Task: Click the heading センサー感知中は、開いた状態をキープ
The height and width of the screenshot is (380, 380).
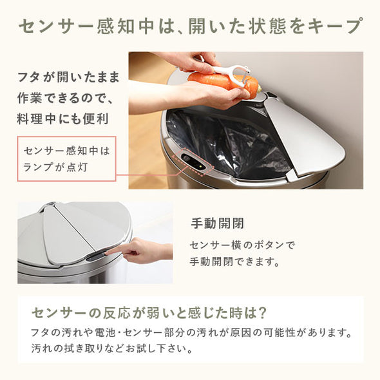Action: pyautogui.click(x=190, y=26)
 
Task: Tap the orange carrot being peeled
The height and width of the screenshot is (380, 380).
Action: pyautogui.click(x=219, y=82)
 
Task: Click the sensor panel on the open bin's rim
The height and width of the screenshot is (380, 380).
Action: pyautogui.click(x=193, y=161)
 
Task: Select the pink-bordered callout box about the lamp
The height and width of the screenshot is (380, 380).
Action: pyautogui.click(x=67, y=158)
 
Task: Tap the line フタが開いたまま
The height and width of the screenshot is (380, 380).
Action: pyautogui.click(x=68, y=79)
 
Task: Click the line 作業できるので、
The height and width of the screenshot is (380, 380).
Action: pyautogui.click(x=64, y=99)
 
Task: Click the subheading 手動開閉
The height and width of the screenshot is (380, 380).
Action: pyautogui.click(x=217, y=223)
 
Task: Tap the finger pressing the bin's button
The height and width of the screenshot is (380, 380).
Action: pyautogui.click(x=116, y=251)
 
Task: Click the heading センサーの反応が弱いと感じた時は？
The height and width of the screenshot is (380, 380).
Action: pyautogui.click(x=149, y=313)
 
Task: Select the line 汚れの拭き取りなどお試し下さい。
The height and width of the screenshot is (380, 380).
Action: pyautogui.click(x=111, y=350)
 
